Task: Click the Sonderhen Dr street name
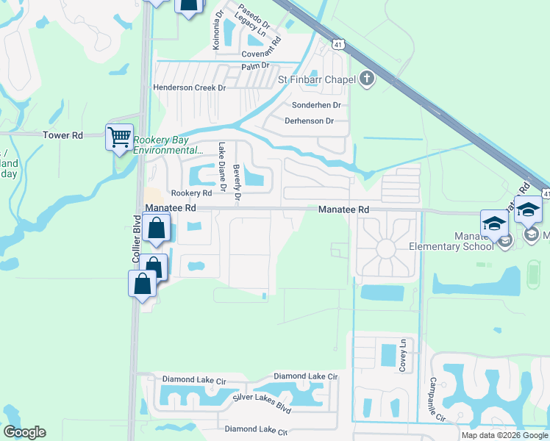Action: coord(317,105)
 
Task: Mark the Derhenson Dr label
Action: coord(309,121)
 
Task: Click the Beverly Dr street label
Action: coord(237,182)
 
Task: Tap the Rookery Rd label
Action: coord(187,193)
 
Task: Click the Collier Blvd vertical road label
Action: coord(136,239)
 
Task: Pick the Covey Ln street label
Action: coord(402,356)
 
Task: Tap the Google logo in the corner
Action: coord(24,432)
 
